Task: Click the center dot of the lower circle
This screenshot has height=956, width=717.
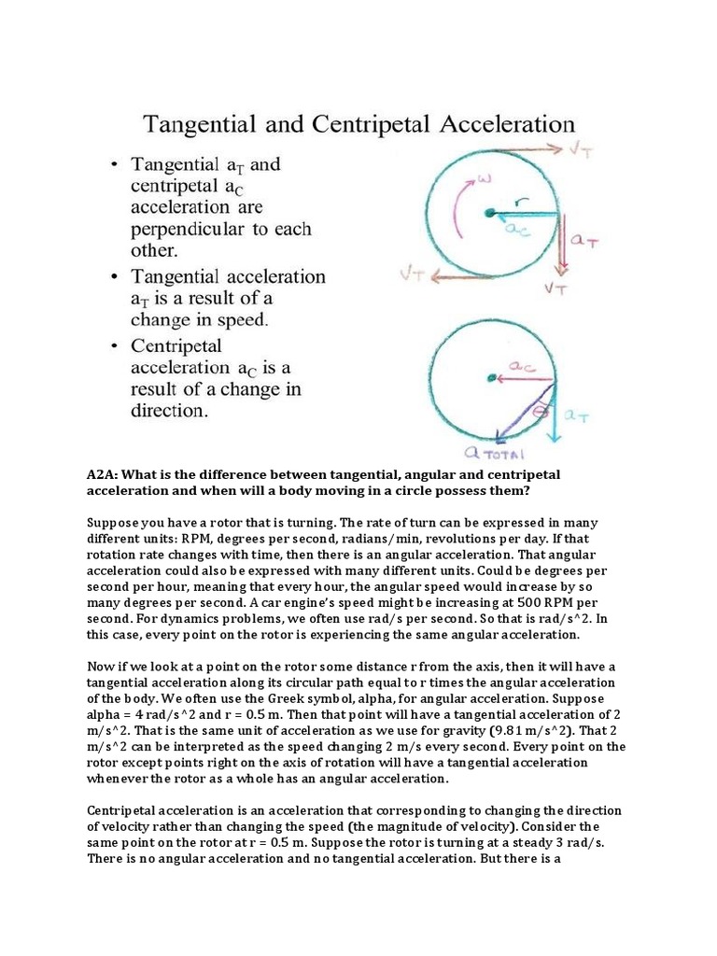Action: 491,377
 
